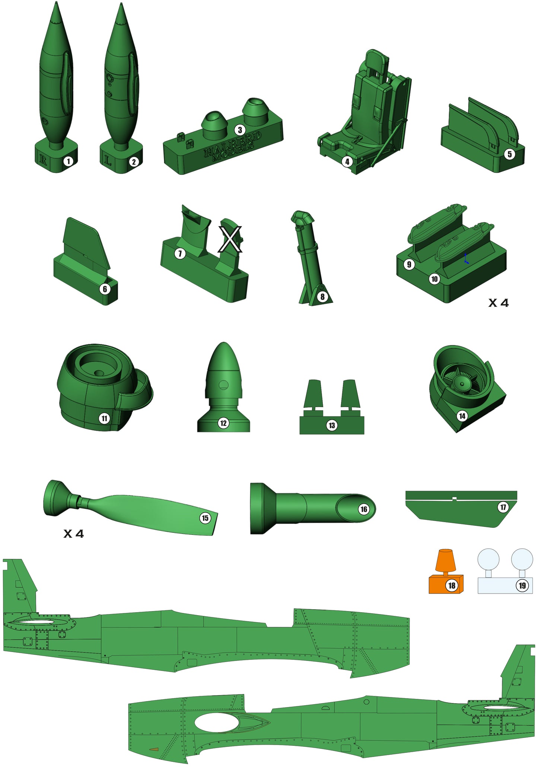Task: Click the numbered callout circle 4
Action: (347, 162)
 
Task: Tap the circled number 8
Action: (322, 297)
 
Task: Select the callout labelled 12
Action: (223, 423)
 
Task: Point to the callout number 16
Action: (364, 509)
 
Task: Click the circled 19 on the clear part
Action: (522, 585)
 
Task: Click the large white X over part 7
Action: (230, 239)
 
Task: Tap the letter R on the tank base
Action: (43, 160)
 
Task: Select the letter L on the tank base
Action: (108, 161)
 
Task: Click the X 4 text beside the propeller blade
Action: (74, 534)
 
